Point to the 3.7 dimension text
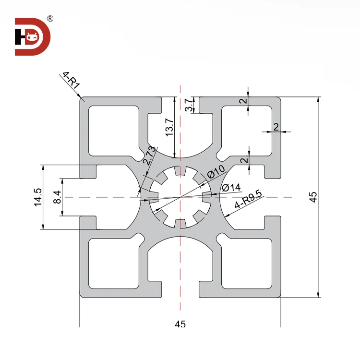point(189,105)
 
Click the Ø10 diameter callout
point(216,171)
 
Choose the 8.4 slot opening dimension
point(57,197)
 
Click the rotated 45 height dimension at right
point(313,197)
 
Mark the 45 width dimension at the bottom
point(180,324)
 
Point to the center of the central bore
point(180,197)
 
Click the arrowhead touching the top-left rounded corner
point(82,99)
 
